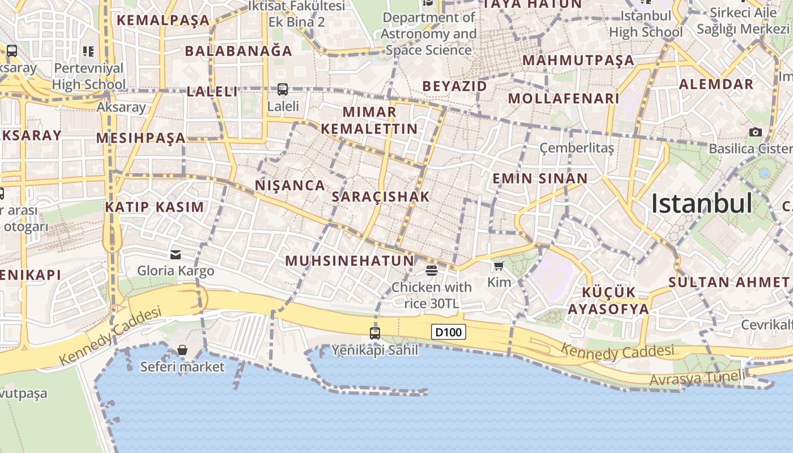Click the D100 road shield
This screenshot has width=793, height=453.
(x=448, y=332)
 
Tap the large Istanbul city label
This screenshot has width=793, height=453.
(x=701, y=204)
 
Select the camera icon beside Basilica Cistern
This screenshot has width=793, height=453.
(x=755, y=133)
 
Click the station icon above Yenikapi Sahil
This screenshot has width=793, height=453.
(x=374, y=333)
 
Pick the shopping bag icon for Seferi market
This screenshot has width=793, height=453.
(x=182, y=351)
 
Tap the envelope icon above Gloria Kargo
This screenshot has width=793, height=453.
(x=176, y=254)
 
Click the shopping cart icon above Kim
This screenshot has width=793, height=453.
(x=498, y=266)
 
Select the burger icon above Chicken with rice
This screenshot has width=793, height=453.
(x=431, y=271)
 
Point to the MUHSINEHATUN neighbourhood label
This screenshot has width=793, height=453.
(x=349, y=261)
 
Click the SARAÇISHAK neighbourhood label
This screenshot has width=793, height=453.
(x=381, y=197)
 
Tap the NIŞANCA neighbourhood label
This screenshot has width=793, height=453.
(x=290, y=185)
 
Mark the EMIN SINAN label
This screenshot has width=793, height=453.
(x=540, y=179)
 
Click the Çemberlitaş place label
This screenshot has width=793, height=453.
(x=577, y=148)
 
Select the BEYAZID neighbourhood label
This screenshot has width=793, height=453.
(x=455, y=86)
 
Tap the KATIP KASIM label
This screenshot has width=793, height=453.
(x=154, y=207)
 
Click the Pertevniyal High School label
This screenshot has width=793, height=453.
(x=88, y=76)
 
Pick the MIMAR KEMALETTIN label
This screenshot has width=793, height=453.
(x=369, y=120)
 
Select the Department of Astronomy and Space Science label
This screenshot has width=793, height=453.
(x=429, y=34)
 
